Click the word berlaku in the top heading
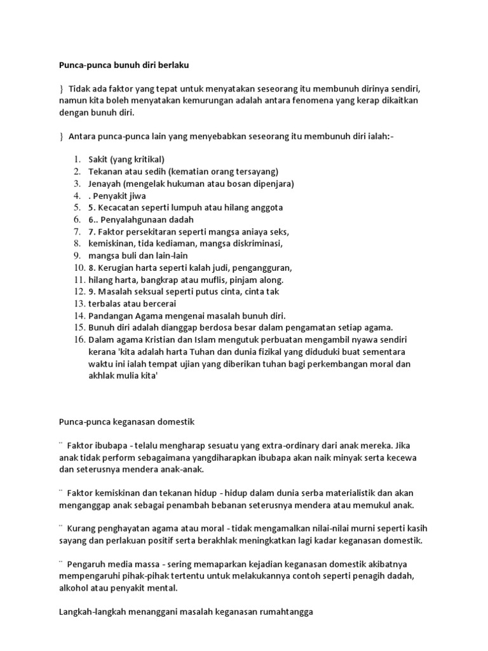[x=170, y=65]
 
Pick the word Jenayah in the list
[x=104, y=184]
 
